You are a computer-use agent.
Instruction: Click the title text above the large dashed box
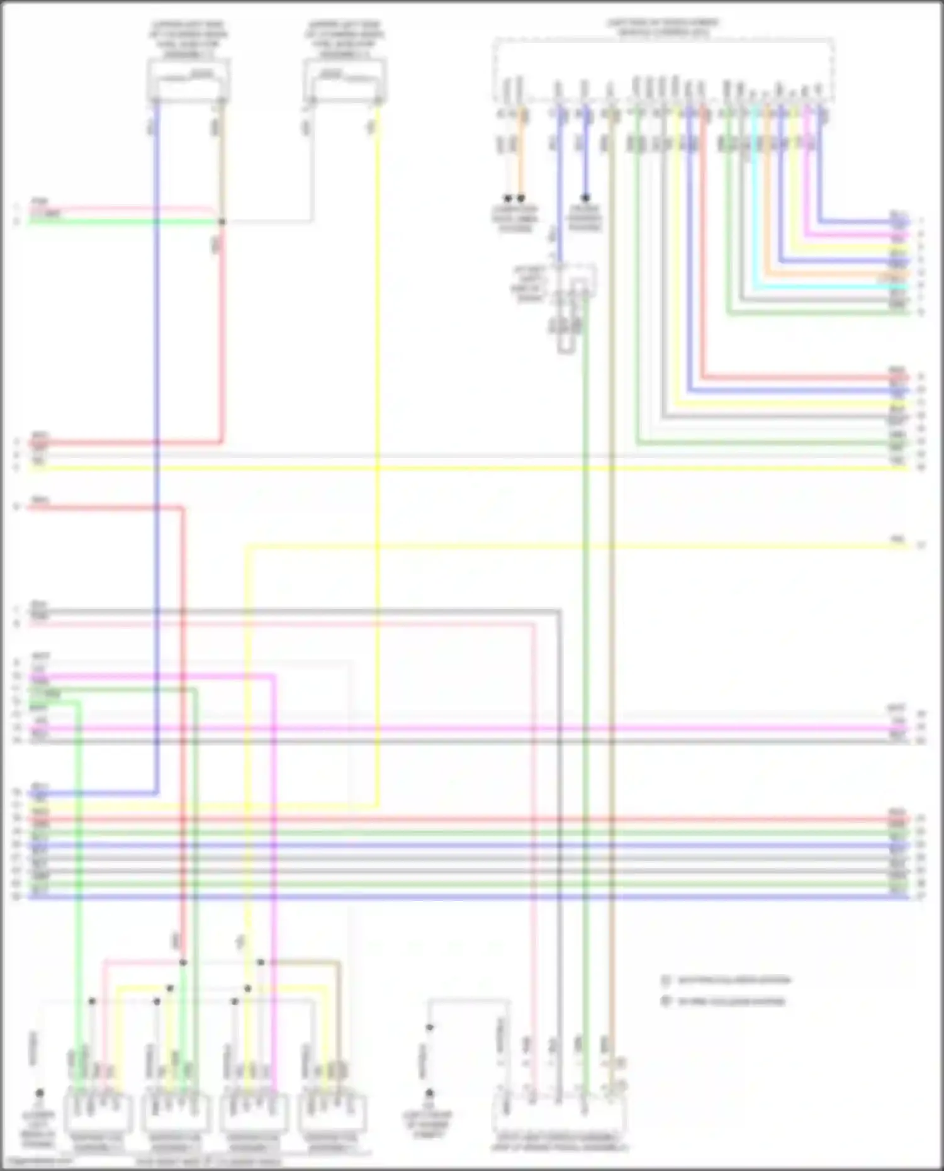662,28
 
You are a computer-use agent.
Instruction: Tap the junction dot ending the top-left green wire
222,221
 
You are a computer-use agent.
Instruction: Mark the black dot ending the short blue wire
585,198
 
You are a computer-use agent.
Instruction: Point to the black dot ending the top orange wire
520,198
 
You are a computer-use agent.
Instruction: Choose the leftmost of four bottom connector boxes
98,1114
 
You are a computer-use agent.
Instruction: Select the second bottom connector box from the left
176,1114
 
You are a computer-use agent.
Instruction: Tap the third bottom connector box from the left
254,1114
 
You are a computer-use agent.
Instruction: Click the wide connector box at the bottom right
559,1114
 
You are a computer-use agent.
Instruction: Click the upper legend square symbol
666,980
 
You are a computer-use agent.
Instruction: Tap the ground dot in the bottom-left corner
39,1093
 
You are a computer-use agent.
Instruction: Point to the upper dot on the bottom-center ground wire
430,1028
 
